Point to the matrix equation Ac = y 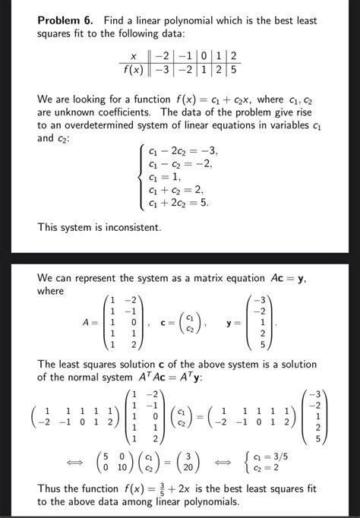click(280, 278)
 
